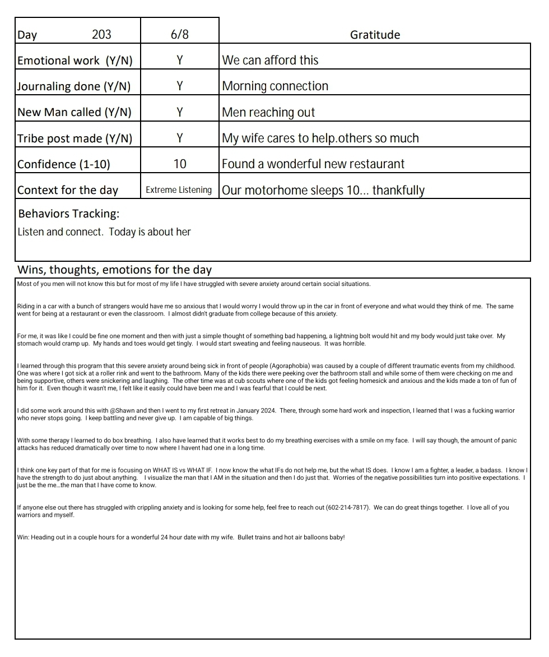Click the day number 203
click(101, 35)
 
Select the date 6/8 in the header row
click(179, 35)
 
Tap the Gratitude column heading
click(375, 35)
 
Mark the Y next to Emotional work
click(179, 61)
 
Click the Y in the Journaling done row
click(179, 86)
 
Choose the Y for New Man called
click(179, 112)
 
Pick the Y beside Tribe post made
click(179, 138)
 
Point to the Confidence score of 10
click(179, 164)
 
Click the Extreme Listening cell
click(179, 190)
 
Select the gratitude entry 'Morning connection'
click(275, 86)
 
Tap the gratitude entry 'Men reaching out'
click(268, 112)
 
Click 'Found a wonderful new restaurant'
click(313, 164)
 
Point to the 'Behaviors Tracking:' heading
click(68, 214)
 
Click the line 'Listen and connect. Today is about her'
click(104, 232)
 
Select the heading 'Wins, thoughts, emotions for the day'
click(114, 270)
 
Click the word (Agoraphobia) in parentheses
click(290, 366)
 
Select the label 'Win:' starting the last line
click(23, 538)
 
